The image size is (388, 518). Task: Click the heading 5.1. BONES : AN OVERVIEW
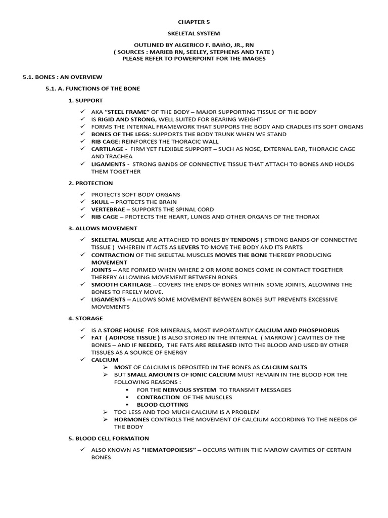coord(62,77)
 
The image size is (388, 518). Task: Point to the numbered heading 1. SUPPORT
coord(85,101)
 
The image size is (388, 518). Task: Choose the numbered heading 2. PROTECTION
coord(90,183)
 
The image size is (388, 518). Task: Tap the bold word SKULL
coord(100,202)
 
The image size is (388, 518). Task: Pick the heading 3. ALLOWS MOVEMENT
coord(103,228)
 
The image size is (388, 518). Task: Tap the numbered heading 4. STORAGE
coord(85,318)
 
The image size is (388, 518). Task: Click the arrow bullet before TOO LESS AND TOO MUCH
coord(106,412)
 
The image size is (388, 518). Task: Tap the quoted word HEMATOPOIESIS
coord(169,450)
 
